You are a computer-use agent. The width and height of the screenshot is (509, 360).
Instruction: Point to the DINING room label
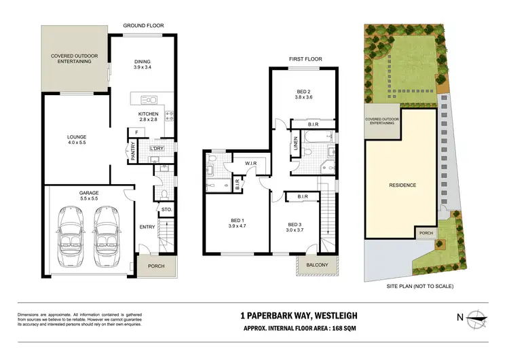coord(142,62)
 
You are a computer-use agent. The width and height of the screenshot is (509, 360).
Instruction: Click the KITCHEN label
coord(148,113)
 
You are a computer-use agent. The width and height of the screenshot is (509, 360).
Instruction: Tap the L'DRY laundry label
coord(156,147)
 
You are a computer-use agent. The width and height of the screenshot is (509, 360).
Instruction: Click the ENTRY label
coord(147,227)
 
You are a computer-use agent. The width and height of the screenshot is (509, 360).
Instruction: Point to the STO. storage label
coord(166,210)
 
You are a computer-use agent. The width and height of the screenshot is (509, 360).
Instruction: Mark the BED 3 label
coord(294,225)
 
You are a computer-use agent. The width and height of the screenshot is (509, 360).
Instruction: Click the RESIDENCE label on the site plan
coord(402,185)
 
